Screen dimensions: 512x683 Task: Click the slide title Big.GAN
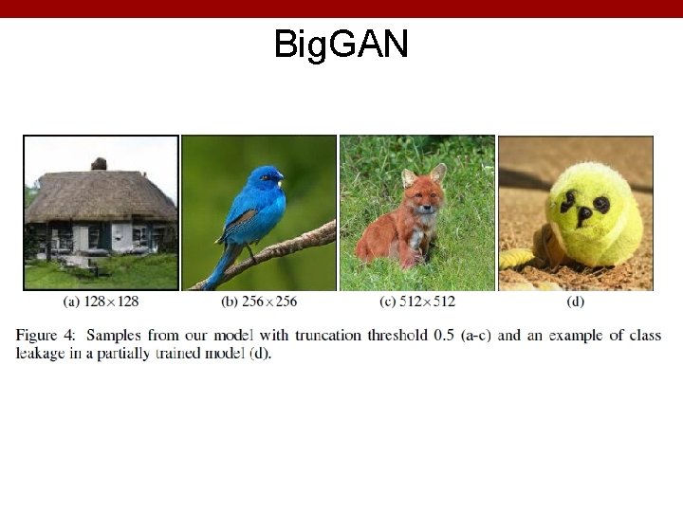341,44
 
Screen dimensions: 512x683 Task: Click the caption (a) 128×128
101,302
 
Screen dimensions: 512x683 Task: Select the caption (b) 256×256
258,302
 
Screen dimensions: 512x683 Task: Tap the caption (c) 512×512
416,302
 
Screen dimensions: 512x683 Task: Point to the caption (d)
575,302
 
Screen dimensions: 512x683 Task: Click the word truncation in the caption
327,336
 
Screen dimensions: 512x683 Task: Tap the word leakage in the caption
40,353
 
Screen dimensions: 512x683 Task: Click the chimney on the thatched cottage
99,164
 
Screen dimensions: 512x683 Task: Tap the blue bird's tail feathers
216,270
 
